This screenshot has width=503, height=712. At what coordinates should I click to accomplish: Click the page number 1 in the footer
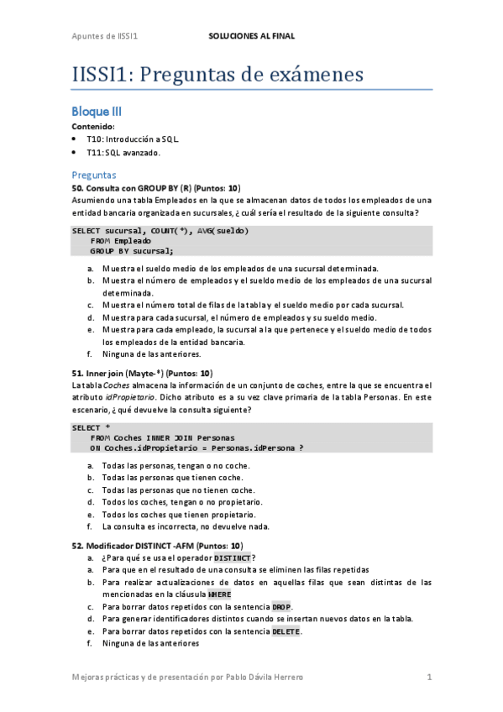point(429,677)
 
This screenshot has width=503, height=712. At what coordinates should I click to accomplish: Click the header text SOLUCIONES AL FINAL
point(251,37)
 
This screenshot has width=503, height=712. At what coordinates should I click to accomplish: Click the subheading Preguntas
point(93,175)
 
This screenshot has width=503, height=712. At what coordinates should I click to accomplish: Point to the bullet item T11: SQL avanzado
point(123,153)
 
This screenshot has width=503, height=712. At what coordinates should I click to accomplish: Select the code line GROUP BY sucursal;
point(132,250)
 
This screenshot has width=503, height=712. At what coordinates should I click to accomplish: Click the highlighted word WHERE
point(219,594)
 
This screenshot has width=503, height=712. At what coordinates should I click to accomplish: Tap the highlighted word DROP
point(281,606)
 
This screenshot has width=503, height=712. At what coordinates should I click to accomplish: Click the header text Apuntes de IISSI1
point(104,37)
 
